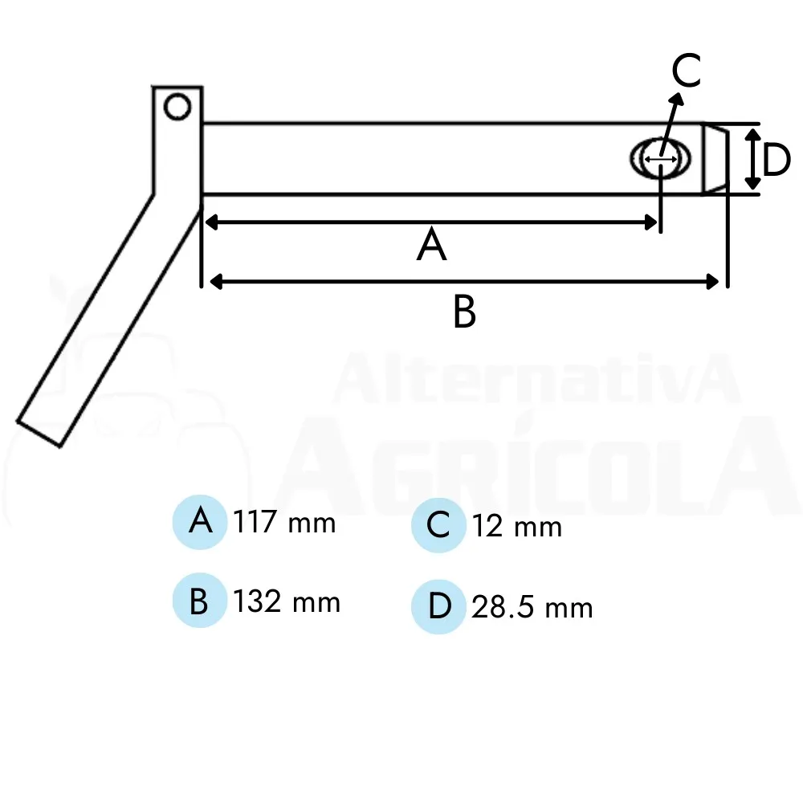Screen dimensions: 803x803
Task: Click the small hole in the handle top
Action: click(x=177, y=108)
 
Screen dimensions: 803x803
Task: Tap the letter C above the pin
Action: click(x=687, y=70)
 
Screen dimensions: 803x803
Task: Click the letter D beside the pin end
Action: click(x=777, y=160)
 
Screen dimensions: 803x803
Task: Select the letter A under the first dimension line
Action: click(x=432, y=244)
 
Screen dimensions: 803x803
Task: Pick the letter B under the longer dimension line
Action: click(x=464, y=312)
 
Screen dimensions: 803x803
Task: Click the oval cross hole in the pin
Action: click(x=660, y=159)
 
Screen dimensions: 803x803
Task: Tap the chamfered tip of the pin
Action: click(x=715, y=159)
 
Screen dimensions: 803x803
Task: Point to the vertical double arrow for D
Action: click(x=752, y=159)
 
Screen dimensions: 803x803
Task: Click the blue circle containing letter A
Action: click(x=200, y=522)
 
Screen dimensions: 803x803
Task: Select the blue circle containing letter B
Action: click(x=200, y=600)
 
